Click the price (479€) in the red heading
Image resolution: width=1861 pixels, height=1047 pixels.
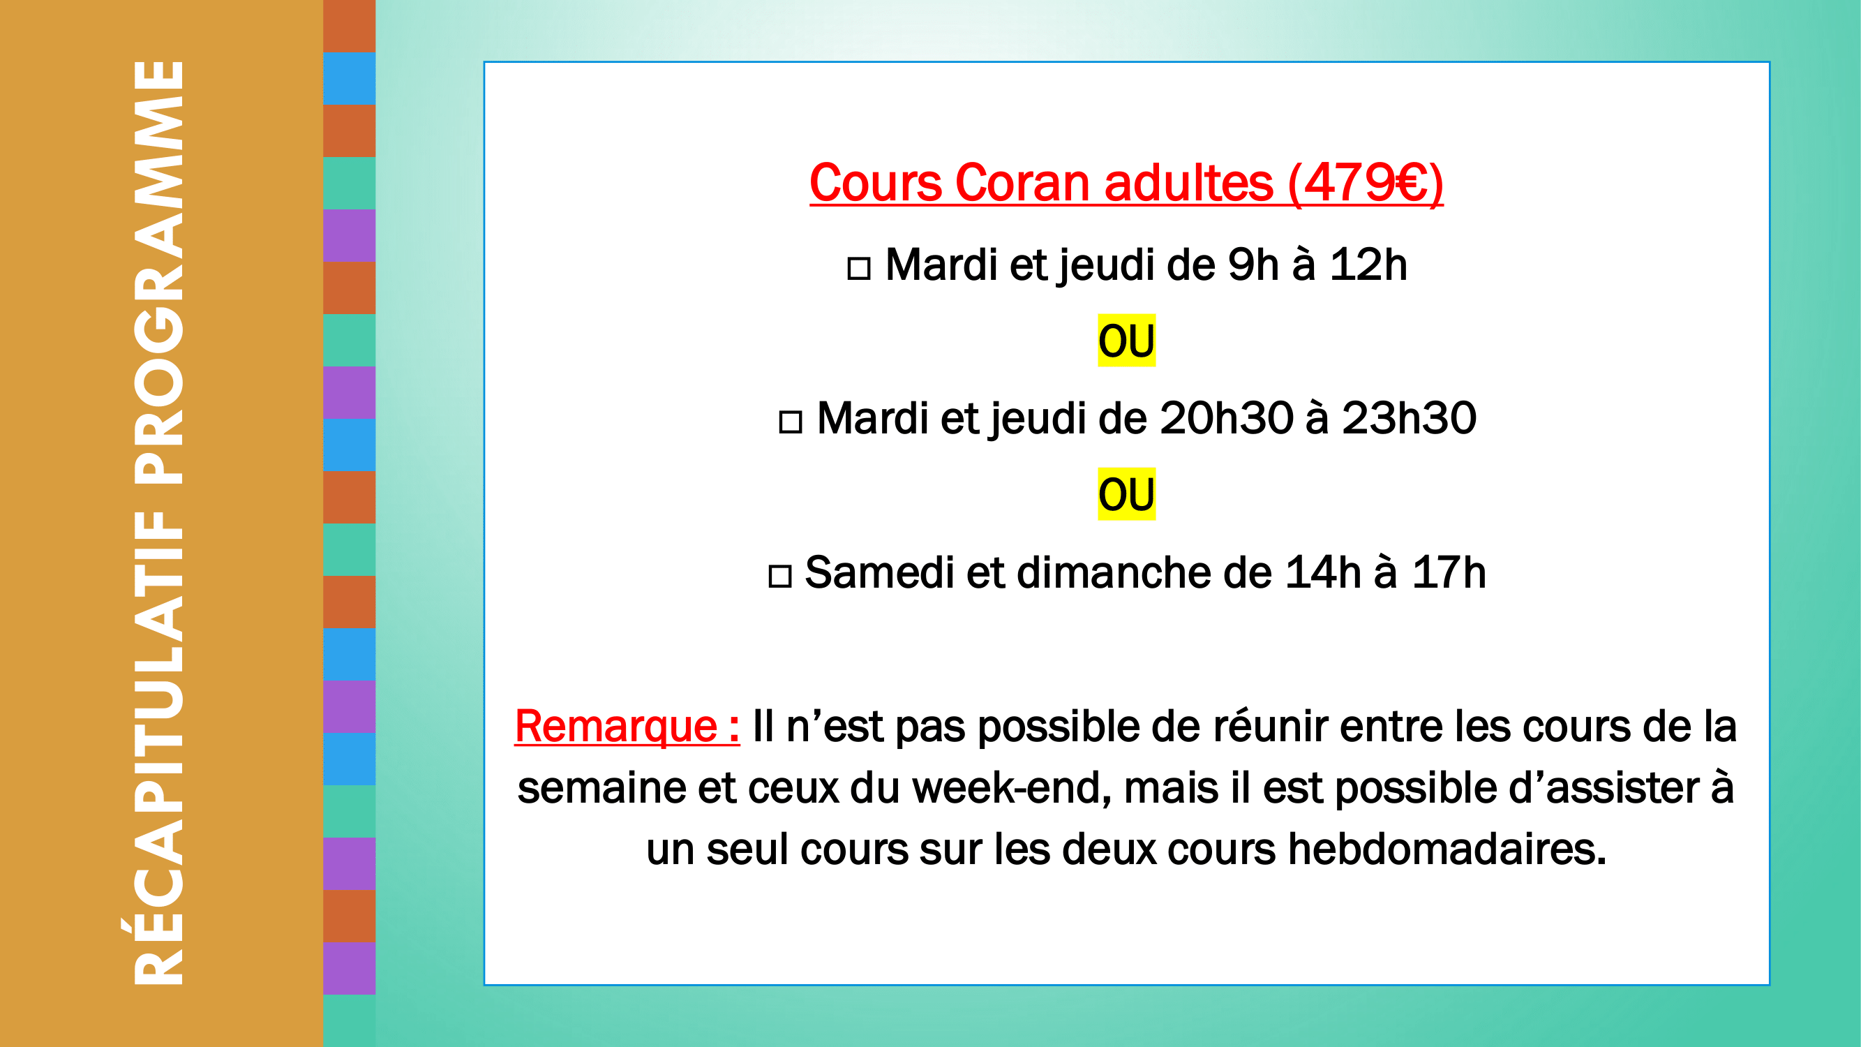pyautogui.click(x=1366, y=184)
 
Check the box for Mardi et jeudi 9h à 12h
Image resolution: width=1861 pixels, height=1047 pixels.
pyautogui.click(x=858, y=269)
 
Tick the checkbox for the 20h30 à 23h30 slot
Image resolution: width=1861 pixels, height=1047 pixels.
pyautogui.click(x=791, y=422)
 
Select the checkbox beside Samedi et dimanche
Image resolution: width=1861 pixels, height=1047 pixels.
pyautogui.click(x=779, y=576)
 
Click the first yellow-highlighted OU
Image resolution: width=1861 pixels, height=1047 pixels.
pyautogui.click(x=1126, y=341)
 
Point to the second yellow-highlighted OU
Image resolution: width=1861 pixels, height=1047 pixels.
pyautogui.click(x=1126, y=494)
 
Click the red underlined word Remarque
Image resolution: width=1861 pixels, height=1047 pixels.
pyautogui.click(x=616, y=727)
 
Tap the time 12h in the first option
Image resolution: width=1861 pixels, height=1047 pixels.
pyautogui.click(x=1368, y=265)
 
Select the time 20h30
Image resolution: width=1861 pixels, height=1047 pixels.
pyautogui.click(x=1226, y=418)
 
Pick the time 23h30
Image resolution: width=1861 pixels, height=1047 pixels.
pyautogui.click(x=1409, y=418)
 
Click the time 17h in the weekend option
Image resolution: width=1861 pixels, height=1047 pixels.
pyautogui.click(x=1449, y=572)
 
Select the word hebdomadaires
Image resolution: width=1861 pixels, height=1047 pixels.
pyautogui.click(x=1447, y=849)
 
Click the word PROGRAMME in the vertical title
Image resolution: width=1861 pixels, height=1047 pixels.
pyautogui.click(x=159, y=272)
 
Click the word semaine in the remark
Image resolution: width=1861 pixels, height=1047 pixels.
pyautogui.click(x=601, y=788)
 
